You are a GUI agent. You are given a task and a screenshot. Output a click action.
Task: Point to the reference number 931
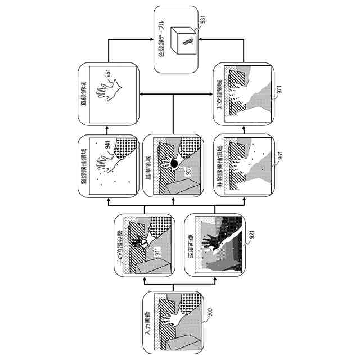pyautogui.click(x=188, y=170)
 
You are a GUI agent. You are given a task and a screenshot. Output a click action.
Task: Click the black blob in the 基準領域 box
pyautogui.click(x=174, y=163)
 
